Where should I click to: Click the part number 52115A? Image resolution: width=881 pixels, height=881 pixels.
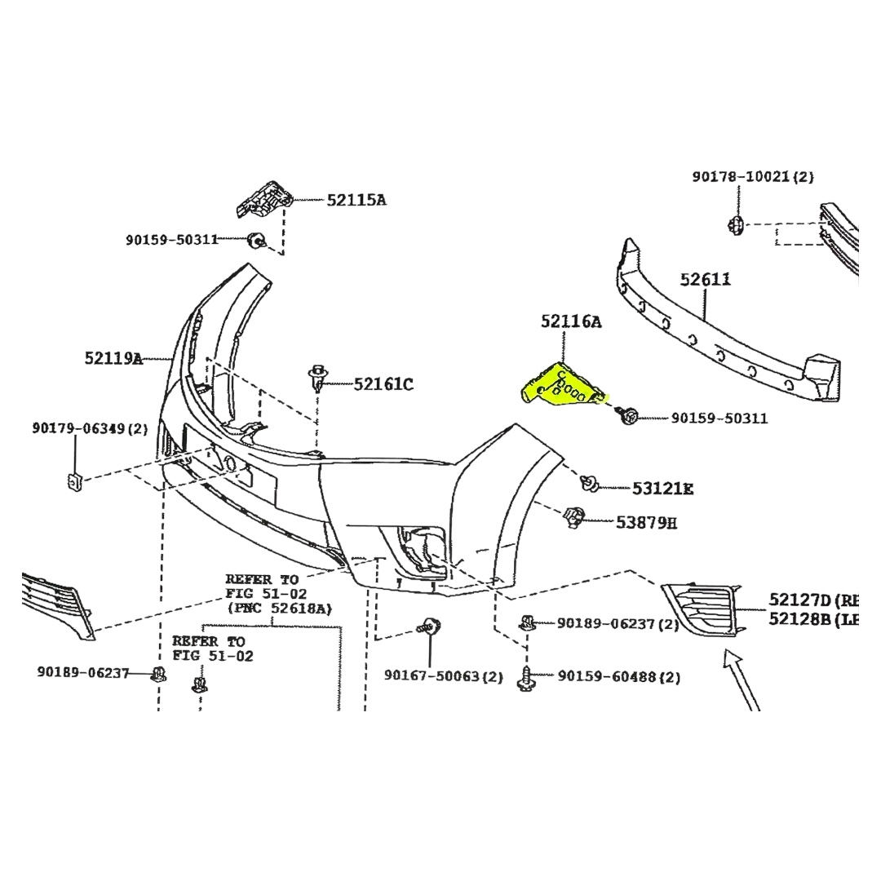click(356, 199)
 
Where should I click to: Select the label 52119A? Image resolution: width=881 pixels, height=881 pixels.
click(113, 357)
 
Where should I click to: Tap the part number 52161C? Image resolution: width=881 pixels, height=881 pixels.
click(383, 383)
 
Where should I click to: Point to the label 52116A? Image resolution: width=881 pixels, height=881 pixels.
click(571, 322)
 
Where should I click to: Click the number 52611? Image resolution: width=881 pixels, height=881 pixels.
click(706, 280)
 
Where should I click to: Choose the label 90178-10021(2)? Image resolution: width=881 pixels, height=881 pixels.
click(753, 176)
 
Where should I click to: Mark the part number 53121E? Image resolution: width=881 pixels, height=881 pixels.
click(662, 489)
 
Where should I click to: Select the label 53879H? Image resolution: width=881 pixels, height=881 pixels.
click(646, 522)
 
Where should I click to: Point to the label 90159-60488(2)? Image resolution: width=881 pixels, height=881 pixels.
click(619, 677)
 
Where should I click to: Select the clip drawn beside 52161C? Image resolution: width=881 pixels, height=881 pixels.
click(318, 377)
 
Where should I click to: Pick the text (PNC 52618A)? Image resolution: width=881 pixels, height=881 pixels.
click(280, 608)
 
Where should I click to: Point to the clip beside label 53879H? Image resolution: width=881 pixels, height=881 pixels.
click(575, 516)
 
